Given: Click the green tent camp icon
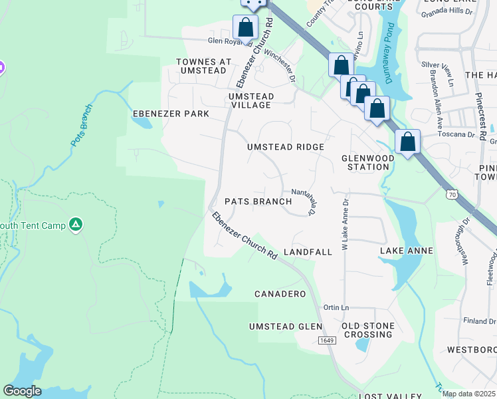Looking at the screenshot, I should click(x=76, y=225).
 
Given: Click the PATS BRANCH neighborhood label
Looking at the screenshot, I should click(x=258, y=201).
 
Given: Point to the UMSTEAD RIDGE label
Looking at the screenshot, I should click(x=286, y=147).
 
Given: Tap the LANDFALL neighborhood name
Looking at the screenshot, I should click(x=307, y=253).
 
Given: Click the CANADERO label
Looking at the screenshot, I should click(x=280, y=293).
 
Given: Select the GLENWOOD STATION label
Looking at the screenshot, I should click(x=365, y=162).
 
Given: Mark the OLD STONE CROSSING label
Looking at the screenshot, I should click(x=368, y=330).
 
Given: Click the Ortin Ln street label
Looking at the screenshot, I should click(x=336, y=308).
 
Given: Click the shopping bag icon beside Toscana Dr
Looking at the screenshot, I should click(x=407, y=142).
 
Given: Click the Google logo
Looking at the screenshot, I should click(x=22, y=391).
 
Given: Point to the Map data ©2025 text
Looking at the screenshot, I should click(x=468, y=394).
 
